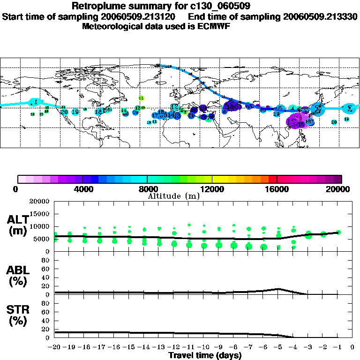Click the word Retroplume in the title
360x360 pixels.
click(97, 7)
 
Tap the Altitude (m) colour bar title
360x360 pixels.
click(174, 196)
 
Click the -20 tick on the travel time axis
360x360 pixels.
click(55, 347)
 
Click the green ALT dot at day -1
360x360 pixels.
click(338, 232)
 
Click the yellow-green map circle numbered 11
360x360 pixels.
click(141, 98)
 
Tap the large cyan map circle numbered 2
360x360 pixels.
click(349, 108)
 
